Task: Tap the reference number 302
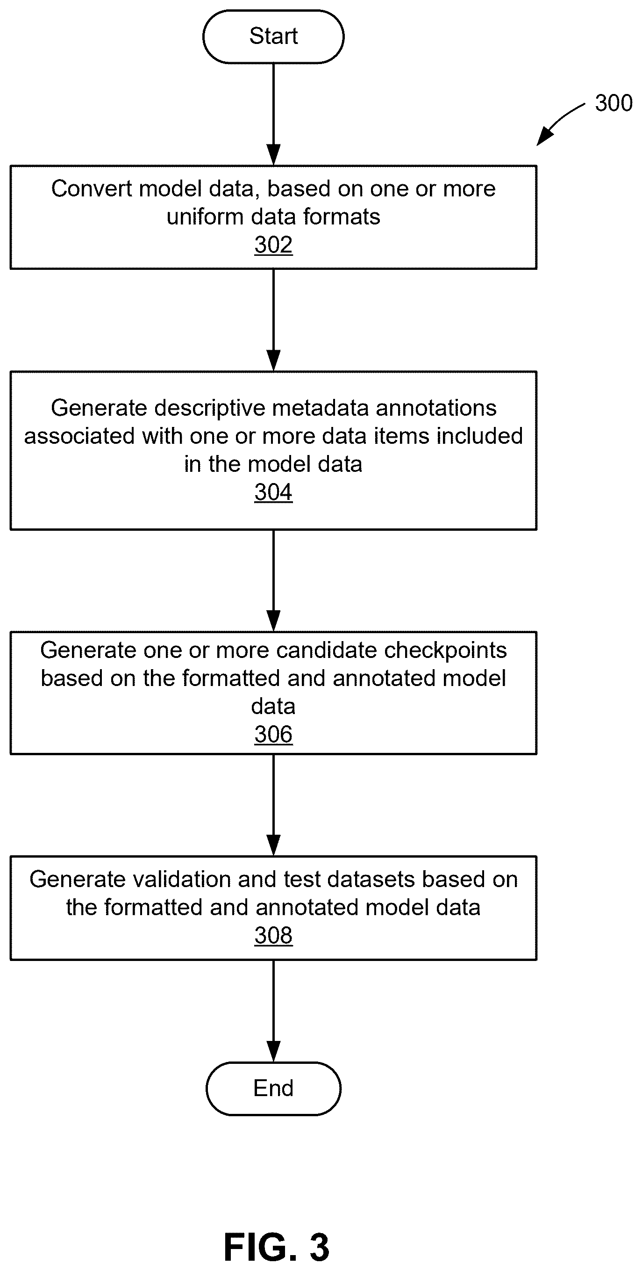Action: tap(273, 245)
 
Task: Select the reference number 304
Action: tap(273, 492)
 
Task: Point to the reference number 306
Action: tap(273, 734)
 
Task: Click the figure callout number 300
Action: tap(613, 103)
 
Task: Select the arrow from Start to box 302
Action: tap(273, 115)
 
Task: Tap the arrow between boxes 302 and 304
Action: tap(273, 320)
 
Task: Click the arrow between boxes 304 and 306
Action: tap(273, 581)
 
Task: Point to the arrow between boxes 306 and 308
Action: tap(273, 805)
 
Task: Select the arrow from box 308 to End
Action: tap(273, 1011)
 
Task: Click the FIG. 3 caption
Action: tap(276, 1247)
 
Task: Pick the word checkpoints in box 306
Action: tap(445, 651)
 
